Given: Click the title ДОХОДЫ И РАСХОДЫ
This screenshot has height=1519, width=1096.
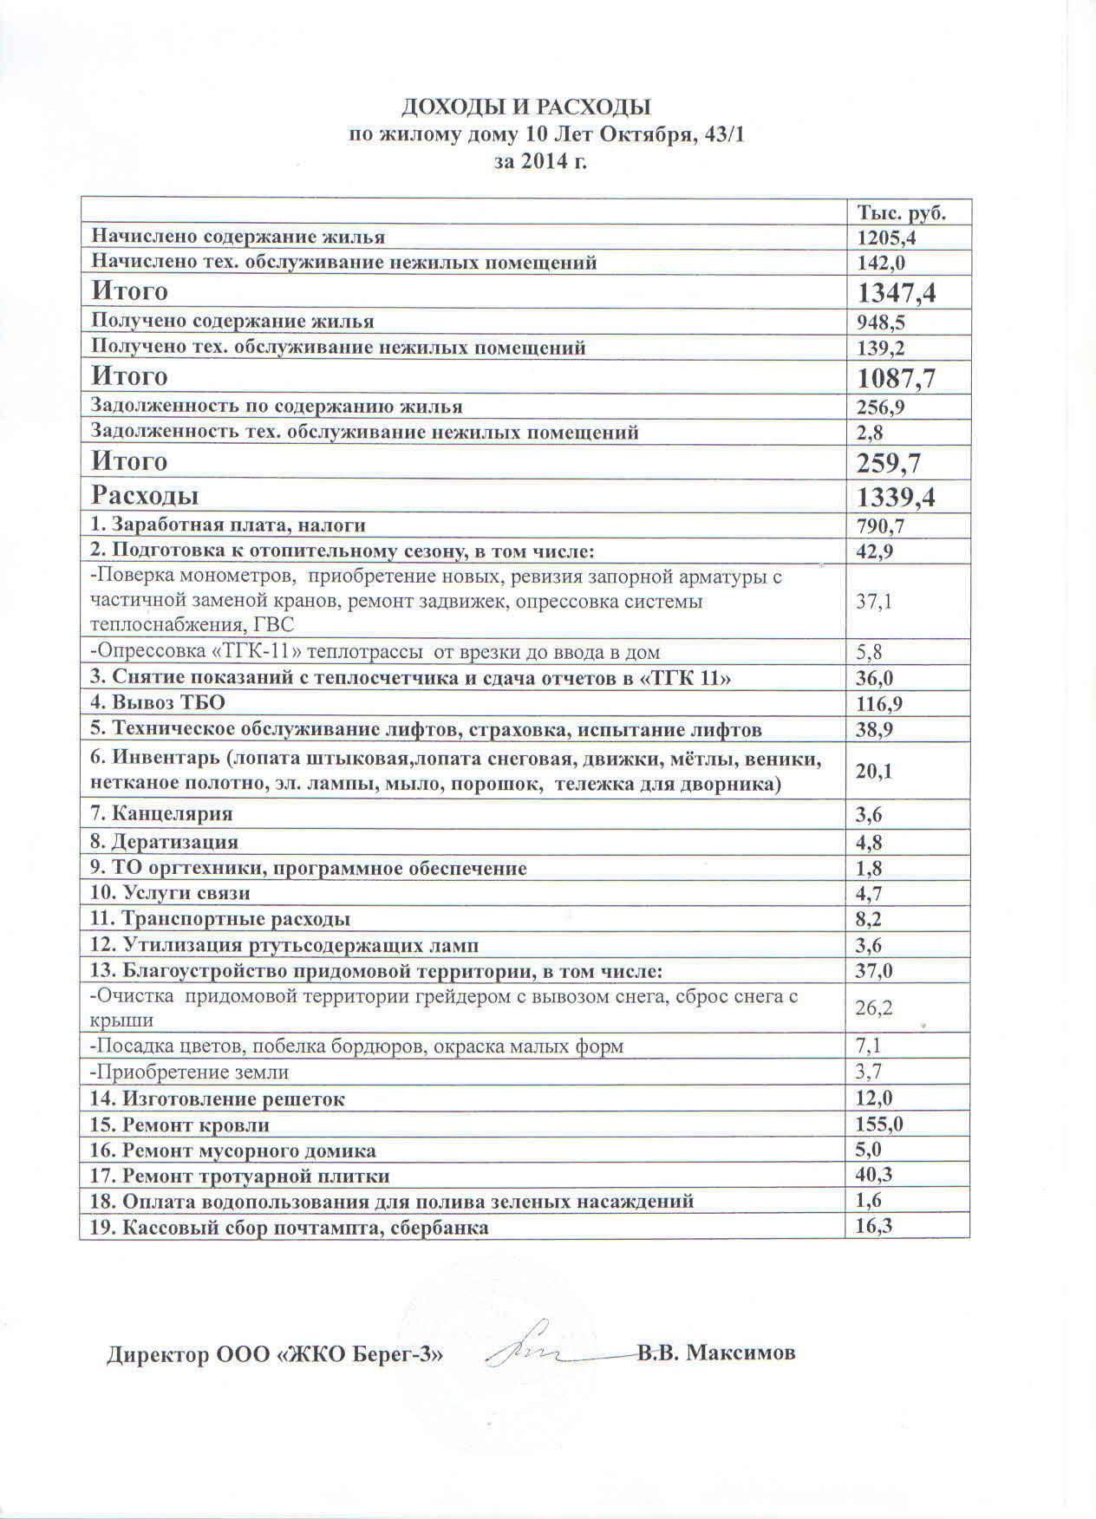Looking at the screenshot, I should tap(525, 107).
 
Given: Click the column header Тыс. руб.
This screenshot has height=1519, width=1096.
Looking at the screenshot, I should tap(901, 212).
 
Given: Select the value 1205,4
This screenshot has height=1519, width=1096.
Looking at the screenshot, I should tap(886, 238).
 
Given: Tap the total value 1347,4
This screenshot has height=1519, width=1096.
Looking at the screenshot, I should tap(896, 292).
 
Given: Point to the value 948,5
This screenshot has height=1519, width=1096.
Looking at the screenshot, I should tap(881, 323).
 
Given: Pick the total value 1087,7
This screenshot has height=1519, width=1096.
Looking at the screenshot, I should tap(896, 378).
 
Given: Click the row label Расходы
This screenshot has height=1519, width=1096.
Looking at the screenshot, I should tap(145, 495).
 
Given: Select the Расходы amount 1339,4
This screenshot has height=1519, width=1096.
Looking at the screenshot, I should tap(896, 498).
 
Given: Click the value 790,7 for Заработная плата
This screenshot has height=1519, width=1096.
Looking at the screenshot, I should tap(881, 526).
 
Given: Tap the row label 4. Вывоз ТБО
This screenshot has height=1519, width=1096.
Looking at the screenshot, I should tap(157, 702).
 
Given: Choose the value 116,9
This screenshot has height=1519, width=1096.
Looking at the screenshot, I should tap(881, 704).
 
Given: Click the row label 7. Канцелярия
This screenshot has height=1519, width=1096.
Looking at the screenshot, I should tap(161, 813).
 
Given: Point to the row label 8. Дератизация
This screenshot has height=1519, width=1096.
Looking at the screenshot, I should tap(164, 841).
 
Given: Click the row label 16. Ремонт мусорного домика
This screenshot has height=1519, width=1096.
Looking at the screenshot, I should tap(232, 1151).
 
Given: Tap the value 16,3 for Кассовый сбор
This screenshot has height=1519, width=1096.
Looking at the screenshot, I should tap(874, 1226).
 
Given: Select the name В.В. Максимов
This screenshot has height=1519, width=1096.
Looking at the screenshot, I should tap(716, 1353).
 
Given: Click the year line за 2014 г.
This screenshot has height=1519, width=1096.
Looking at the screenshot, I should tap(540, 160).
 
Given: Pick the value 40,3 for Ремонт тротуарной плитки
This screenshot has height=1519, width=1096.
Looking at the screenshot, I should tap(874, 1176).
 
